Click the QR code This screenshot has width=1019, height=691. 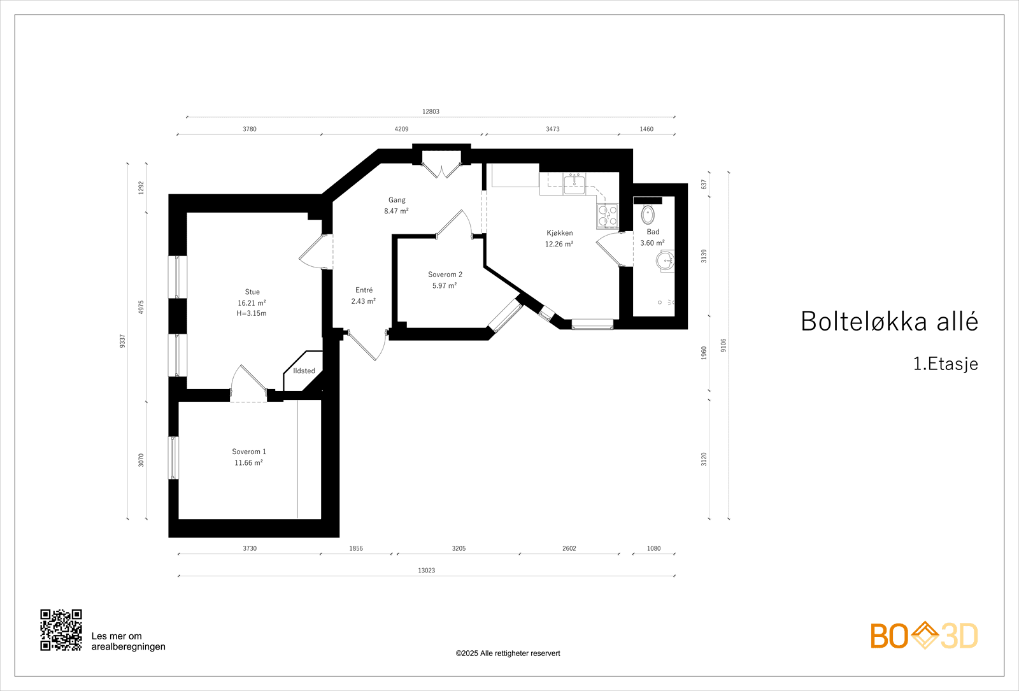pyautogui.click(x=61, y=630)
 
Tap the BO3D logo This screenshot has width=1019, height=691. pyautogui.click(x=924, y=636)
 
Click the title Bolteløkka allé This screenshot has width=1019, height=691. pyautogui.click(x=889, y=322)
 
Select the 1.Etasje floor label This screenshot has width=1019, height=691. pyautogui.click(x=945, y=364)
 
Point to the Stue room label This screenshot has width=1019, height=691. pyautogui.click(x=252, y=292)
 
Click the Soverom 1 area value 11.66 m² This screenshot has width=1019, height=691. pyautogui.click(x=248, y=463)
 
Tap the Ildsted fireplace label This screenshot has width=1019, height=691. pyautogui.click(x=304, y=371)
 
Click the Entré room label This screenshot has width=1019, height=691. pyautogui.click(x=364, y=290)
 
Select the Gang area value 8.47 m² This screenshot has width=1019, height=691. pyautogui.click(x=396, y=211)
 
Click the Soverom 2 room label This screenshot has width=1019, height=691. pyautogui.click(x=445, y=274)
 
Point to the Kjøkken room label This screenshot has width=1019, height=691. pyautogui.click(x=559, y=233)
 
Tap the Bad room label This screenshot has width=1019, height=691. pyautogui.click(x=653, y=232)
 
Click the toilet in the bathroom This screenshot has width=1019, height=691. pyautogui.click(x=648, y=214)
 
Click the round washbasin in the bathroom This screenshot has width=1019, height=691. pyautogui.click(x=666, y=260)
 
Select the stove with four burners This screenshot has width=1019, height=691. pyautogui.click(x=608, y=216)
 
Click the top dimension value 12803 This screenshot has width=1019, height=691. pyautogui.click(x=431, y=111)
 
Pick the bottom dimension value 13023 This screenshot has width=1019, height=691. pyautogui.click(x=426, y=571)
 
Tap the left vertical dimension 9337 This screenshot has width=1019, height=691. pyautogui.click(x=122, y=341)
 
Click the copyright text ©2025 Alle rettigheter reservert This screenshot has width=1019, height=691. pyautogui.click(x=508, y=653)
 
